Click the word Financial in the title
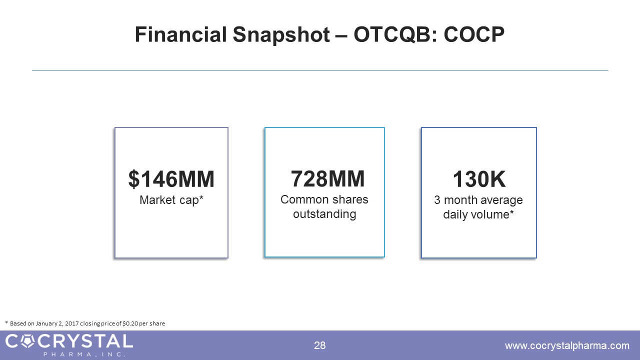pyautogui.click(x=180, y=34)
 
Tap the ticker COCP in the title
pyautogui.click(x=474, y=34)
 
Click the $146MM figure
pyautogui.click(x=171, y=179)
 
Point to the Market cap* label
pyautogui.click(x=171, y=200)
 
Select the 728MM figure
pyautogui.click(x=327, y=179)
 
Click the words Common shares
pyautogui.click(x=324, y=199)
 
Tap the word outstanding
pyautogui.click(x=324, y=214)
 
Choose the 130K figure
pyautogui.click(x=479, y=179)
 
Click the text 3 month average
pyautogui.click(x=478, y=200)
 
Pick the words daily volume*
pyautogui.click(x=478, y=214)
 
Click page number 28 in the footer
pyautogui.click(x=319, y=345)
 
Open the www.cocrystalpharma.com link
pyautogui.click(x=567, y=345)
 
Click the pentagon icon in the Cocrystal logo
pyautogui.click(x=28, y=341)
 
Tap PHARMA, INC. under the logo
pyautogui.click(x=84, y=354)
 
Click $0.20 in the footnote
pyautogui.click(x=130, y=323)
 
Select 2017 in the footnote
pyautogui.click(x=71, y=323)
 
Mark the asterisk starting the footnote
pyautogui.click(x=6, y=322)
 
